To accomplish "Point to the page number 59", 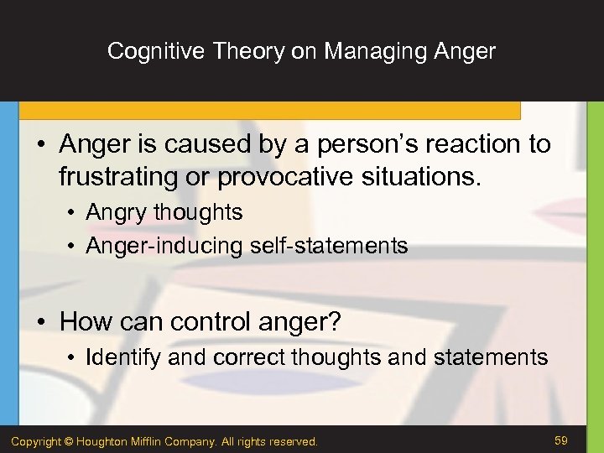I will [x=561, y=440].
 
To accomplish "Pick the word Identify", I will [x=123, y=357].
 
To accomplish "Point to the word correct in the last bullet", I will [x=249, y=357].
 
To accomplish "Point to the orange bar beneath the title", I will [x=268, y=110].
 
